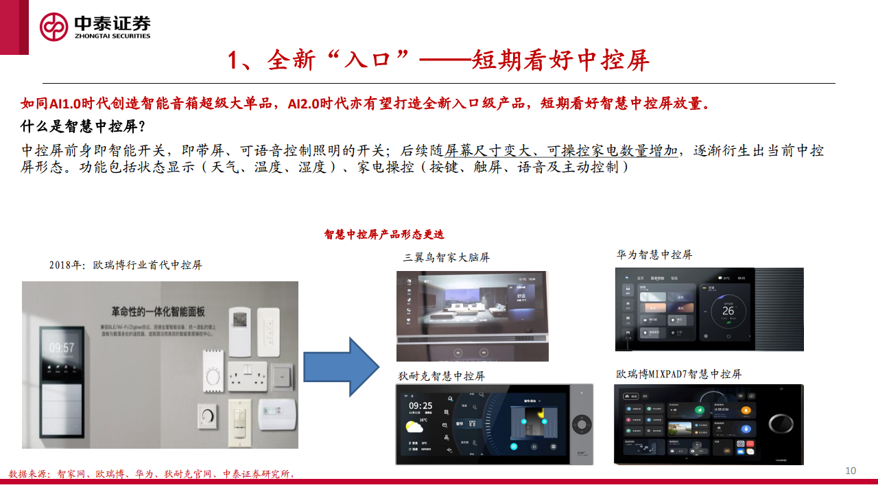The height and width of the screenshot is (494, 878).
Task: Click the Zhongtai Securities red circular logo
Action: pyautogui.click(x=54, y=27)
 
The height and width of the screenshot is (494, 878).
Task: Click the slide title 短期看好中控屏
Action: pyautogui.click(x=439, y=61)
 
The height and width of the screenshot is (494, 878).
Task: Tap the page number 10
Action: pyautogui.click(x=851, y=471)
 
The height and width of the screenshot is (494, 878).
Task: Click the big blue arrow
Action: pyautogui.click(x=341, y=366)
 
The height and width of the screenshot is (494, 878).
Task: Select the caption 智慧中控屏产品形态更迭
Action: pyautogui.click(x=384, y=235)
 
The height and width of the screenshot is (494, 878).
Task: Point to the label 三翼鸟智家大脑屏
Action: pyautogui.click(x=446, y=258)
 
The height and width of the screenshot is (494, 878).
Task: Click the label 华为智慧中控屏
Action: pyautogui.click(x=654, y=255)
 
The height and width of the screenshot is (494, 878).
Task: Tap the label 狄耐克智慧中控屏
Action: pyautogui.click(x=441, y=377)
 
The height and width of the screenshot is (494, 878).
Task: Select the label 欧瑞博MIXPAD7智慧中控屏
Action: pyautogui.click(x=678, y=375)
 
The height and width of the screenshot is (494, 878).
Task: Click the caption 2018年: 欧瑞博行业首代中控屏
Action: pyautogui.click(x=126, y=265)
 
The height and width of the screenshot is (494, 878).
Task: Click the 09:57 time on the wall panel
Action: pyautogui.click(x=61, y=348)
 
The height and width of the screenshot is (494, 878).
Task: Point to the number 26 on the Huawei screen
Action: pyautogui.click(x=728, y=311)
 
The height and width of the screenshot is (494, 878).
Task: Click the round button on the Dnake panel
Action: pyautogui.click(x=581, y=425)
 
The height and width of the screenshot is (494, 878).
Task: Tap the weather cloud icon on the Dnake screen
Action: pyautogui.click(x=414, y=428)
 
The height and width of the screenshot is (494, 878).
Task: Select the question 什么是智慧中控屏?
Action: pyautogui.click(x=83, y=127)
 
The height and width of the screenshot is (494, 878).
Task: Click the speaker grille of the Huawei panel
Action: pyautogui.click(x=779, y=309)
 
